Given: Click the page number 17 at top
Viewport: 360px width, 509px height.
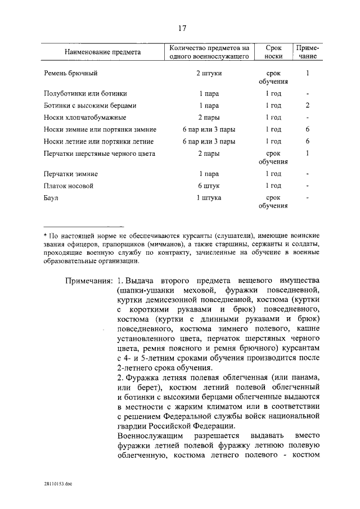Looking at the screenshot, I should (x=182, y=29).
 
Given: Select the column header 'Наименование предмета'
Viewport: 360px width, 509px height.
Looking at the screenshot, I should (x=102, y=52).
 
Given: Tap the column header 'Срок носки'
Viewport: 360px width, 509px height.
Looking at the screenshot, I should (x=274, y=52).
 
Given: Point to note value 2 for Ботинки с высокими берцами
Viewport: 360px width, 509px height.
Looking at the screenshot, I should (x=308, y=105).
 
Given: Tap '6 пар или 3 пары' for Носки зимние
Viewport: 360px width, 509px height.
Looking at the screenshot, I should (x=209, y=129).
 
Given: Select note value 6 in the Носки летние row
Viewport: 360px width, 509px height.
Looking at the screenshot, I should (x=308, y=141).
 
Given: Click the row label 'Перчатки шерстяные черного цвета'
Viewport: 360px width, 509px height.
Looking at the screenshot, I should (x=99, y=154).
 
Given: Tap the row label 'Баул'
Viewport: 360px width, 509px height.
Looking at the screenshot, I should (x=51, y=198).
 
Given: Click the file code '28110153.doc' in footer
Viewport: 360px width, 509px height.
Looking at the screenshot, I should (x=57, y=483).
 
